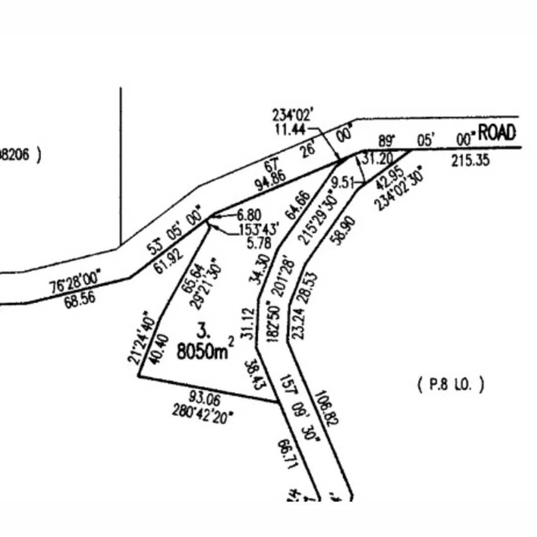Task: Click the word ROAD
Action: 497,133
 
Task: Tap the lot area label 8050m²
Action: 205,351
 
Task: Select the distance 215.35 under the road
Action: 470,161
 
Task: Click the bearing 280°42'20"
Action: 203,412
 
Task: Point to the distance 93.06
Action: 205,398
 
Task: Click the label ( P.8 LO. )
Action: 449,385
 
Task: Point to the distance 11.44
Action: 290,129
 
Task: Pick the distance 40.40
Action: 156,351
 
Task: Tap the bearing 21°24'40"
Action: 140,338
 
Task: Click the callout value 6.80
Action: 249,215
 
